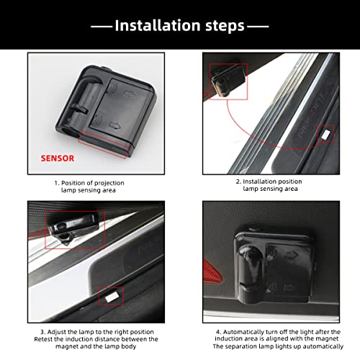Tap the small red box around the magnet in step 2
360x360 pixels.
325,133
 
